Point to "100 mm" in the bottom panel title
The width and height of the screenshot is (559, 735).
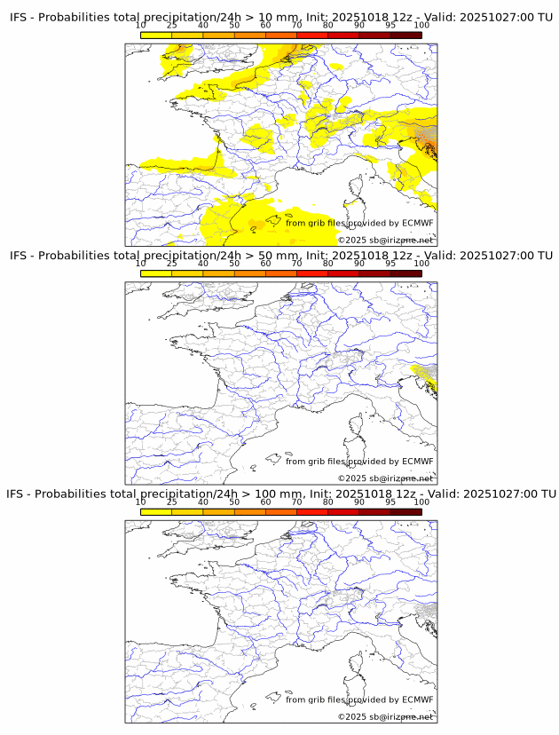(x=279, y=494)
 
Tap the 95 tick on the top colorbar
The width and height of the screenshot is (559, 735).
(x=390, y=26)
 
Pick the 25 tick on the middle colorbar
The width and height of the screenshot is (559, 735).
(x=172, y=264)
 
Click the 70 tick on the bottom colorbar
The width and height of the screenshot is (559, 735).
(x=296, y=502)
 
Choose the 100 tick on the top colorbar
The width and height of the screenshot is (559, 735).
(x=421, y=26)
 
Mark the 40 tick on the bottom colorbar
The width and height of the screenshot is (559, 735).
(x=203, y=502)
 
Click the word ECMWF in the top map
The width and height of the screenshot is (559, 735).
(x=417, y=223)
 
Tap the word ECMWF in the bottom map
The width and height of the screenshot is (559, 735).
(x=417, y=699)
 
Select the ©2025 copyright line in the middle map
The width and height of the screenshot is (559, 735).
(x=385, y=478)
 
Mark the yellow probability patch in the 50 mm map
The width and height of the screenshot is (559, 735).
(x=426, y=376)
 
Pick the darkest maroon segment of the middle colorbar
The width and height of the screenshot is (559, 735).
(x=405, y=273)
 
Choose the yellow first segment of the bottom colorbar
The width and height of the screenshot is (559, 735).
(x=156, y=511)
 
